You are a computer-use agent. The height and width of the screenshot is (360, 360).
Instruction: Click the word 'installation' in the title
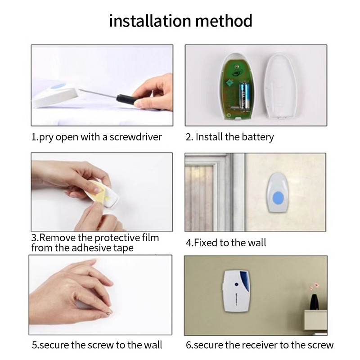click(x=150, y=21)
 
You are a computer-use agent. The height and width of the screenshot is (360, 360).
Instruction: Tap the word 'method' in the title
click(x=224, y=21)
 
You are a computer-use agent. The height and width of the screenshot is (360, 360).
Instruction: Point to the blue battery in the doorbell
click(x=244, y=95)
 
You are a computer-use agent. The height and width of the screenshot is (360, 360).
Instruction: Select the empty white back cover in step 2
click(x=280, y=86)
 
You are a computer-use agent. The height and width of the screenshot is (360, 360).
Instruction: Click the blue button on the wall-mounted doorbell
click(x=279, y=198)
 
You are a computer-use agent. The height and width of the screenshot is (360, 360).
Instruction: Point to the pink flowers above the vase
click(x=314, y=287)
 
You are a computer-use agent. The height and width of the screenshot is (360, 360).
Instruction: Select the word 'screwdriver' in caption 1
click(x=135, y=137)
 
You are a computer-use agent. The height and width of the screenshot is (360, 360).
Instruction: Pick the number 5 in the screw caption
click(x=35, y=345)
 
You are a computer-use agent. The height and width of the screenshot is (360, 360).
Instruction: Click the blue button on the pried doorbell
click(x=58, y=87)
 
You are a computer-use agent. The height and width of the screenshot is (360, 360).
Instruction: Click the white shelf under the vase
click(x=315, y=320)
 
